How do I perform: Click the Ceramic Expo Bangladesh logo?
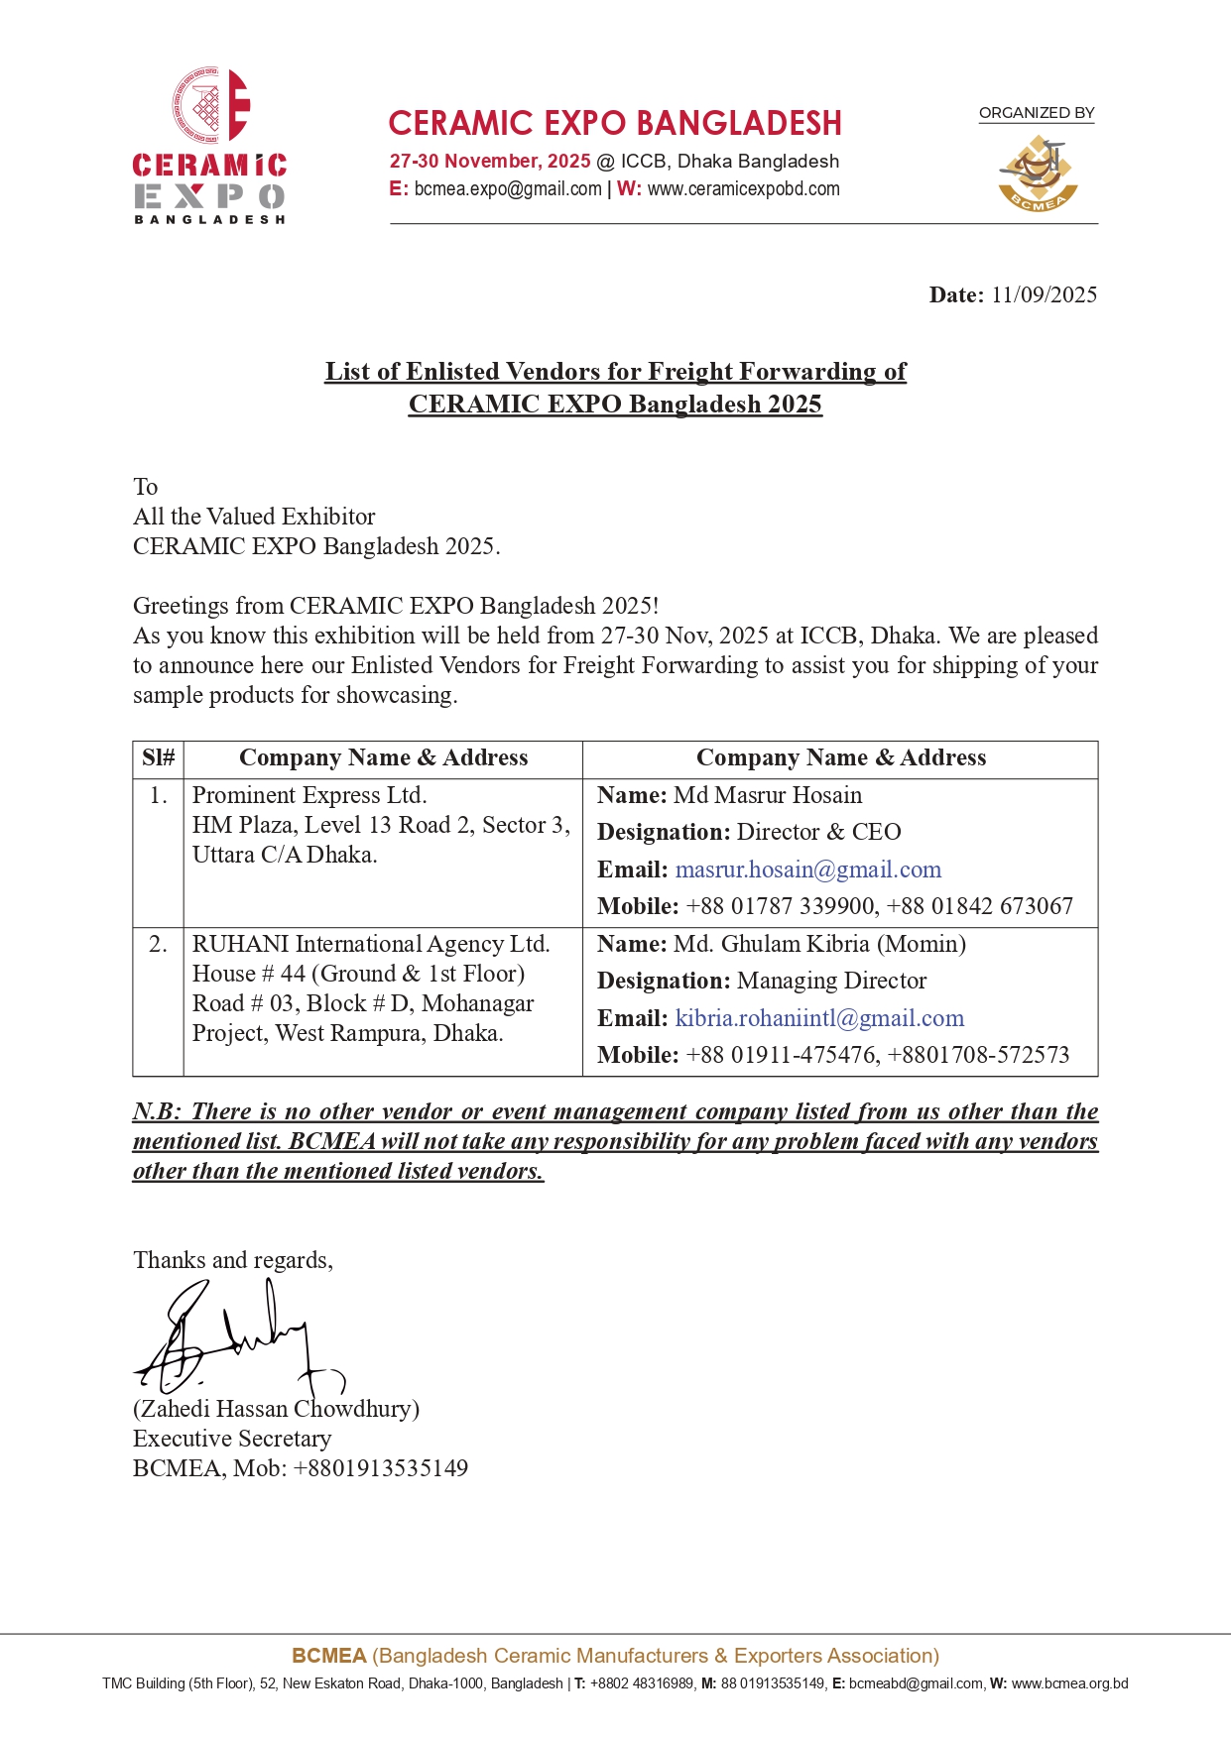(209, 146)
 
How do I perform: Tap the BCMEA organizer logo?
(1037, 174)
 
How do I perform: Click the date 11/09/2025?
(1044, 294)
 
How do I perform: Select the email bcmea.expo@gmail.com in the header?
(507, 189)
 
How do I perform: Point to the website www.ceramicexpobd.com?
(743, 189)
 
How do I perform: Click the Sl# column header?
(159, 758)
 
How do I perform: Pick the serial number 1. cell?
(159, 796)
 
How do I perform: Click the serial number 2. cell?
(159, 945)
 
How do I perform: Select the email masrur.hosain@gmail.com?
(807, 870)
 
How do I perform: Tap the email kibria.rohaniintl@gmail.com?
(819, 1019)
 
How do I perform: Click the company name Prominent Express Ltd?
(309, 796)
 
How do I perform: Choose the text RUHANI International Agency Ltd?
(371, 945)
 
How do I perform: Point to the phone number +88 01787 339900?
(781, 907)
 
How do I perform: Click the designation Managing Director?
(831, 982)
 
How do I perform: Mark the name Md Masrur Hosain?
(768, 796)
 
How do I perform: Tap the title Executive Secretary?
(232, 1439)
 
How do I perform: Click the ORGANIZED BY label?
(1037, 113)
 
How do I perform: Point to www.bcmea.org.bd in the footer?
(1069, 1683)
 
